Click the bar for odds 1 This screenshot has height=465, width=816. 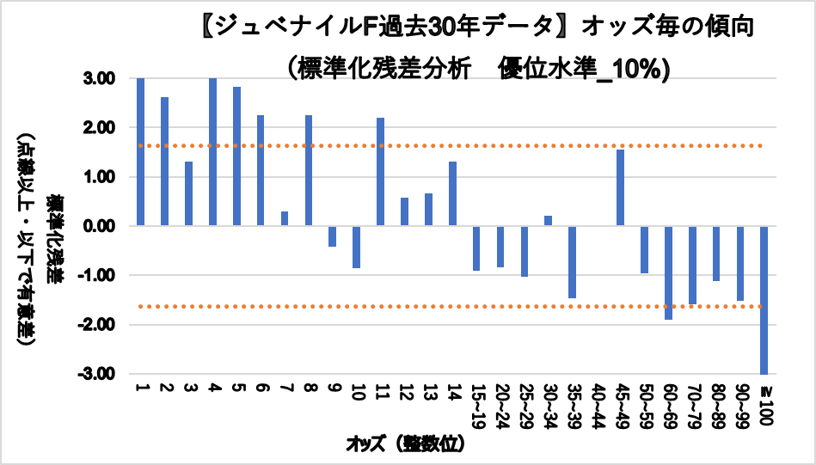[140, 151]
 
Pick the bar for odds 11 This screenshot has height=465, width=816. [381, 172]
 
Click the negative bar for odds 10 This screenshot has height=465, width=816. [357, 248]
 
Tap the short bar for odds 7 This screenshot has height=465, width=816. [285, 218]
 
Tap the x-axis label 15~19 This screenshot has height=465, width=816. [476, 406]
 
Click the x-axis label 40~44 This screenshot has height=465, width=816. [597, 406]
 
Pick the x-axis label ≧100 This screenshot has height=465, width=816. [764, 401]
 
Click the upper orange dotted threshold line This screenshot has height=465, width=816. [447, 146]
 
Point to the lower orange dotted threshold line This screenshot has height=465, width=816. [447, 307]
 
